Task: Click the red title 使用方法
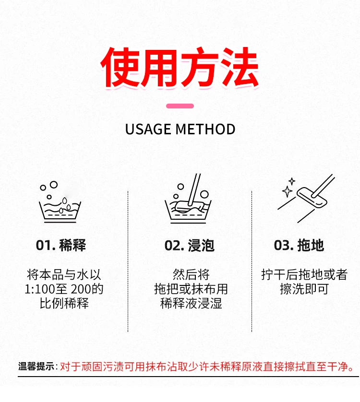pos(180,67)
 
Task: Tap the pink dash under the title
pos(180,106)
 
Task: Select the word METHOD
pos(205,129)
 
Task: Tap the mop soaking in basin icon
pos(188,199)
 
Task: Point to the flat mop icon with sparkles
pos(306,198)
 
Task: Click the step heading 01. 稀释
pos(61,245)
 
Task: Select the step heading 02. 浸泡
pos(190,245)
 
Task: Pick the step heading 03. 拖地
pos(299,245)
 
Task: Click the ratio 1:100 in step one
pos(40,289)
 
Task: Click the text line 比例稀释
pos(64,303)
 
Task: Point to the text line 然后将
pos(191,274)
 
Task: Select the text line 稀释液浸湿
pos(191,303)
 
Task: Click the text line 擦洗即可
pos(304,289)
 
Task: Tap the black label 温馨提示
pos(36,367)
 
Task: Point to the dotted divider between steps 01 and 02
pos(128,261)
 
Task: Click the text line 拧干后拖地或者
pos(304,274)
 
